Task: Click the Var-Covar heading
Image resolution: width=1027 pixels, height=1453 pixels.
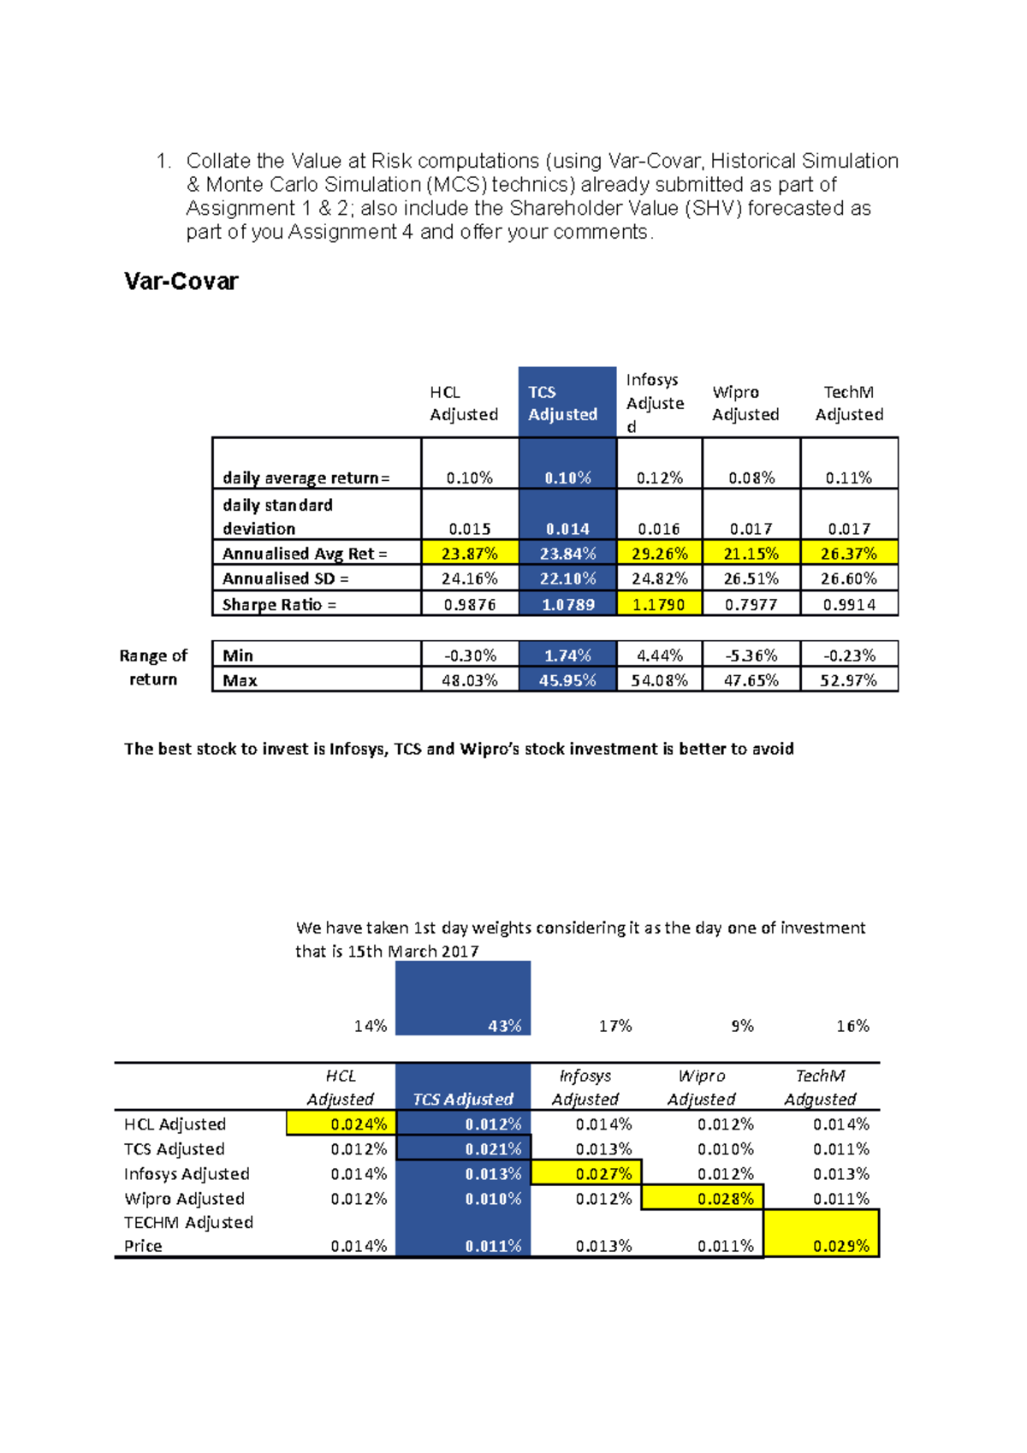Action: pyautogui.click(x=181, y=282)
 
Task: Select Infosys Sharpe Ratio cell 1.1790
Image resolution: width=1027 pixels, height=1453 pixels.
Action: pyautogui.click(x=658, y=604)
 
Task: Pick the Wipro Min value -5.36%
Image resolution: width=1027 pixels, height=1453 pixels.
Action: pyautogui.click(x=751, y=655)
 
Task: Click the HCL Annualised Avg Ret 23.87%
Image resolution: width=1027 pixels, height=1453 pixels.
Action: pyautogui.click(x=469, y=554)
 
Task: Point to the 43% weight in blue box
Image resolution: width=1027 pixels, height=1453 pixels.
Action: pyautogui.click(x=504, y=1025)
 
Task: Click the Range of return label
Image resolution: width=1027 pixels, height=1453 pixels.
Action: pyautogui.click(x=153, y=667)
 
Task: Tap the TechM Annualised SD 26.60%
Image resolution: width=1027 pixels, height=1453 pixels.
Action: pyautogui.click(x=848, y=578)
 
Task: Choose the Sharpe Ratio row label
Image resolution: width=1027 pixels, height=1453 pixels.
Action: pyautogui.click(x=279, y=604)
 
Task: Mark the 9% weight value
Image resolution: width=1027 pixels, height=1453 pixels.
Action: pyautogui.click(x=742, y=1025)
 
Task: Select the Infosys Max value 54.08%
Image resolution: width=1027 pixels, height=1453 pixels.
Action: pyautogui.click(x=659, y=680)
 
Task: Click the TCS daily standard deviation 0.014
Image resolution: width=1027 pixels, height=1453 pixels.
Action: pyautogui.click(x=567, y=529)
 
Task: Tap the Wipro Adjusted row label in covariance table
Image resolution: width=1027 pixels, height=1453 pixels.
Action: pyautogui.click(x=184, y=1198)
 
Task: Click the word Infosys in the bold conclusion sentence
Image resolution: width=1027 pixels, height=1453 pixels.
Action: pyautogui.click(x=357, y=749)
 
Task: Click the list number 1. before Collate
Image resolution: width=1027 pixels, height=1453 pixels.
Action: pyautogui.click(x=163, y=161)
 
